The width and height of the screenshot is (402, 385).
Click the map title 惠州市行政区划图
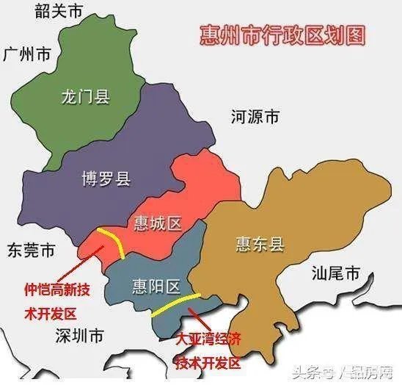tap(282, 35)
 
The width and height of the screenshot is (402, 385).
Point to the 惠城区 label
tap(158, 223)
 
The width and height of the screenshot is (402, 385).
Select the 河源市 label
tap(255, 118)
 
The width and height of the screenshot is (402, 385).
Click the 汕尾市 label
tap(335, 275)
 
